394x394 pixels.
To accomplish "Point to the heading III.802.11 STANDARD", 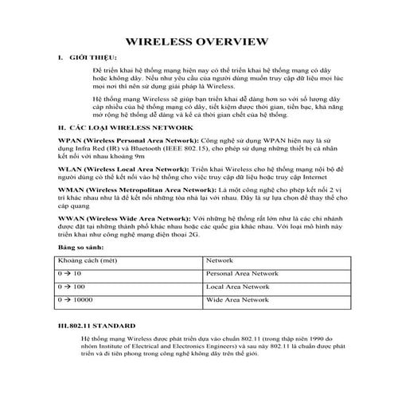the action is pos(88,326).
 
